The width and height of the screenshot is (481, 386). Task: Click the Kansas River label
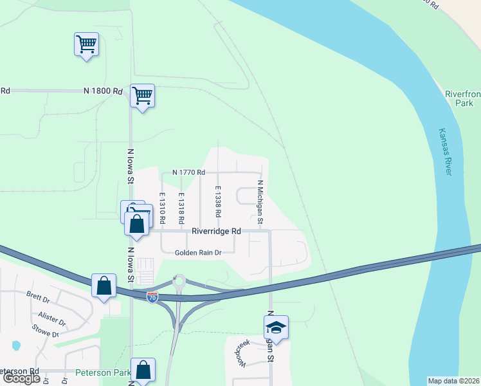445,151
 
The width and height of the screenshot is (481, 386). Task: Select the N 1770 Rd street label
189,172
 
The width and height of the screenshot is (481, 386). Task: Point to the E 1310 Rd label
163,208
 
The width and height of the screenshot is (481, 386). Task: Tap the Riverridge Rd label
216,231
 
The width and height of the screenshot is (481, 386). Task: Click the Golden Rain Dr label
198,253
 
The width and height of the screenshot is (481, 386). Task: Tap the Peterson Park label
103,372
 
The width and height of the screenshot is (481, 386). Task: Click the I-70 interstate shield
152,297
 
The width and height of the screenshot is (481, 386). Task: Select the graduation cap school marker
277,327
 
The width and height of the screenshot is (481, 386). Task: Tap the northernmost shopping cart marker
86,44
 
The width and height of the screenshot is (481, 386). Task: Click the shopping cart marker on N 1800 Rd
142,96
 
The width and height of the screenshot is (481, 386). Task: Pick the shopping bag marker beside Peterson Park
143,370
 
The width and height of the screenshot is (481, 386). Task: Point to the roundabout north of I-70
179,280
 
